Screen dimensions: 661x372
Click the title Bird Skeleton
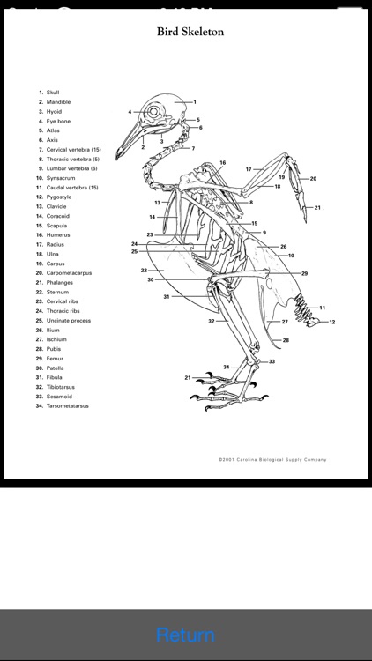coord(190,32)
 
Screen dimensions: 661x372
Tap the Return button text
coord(185,635)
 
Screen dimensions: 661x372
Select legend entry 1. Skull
coord(49,93)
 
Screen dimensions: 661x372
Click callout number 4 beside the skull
coord(130,112)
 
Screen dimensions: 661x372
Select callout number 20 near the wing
coord(313,179)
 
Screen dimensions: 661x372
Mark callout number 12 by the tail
coord(332,322)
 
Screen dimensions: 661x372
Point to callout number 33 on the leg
coord(272,361)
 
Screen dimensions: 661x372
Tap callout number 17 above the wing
coord(249,169)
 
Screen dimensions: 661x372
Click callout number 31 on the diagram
coord(167,297)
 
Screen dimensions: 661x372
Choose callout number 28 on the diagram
coord(286,340)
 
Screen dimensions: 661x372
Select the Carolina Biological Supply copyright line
coord(272,459)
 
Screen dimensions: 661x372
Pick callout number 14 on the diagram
coord(152,217)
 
